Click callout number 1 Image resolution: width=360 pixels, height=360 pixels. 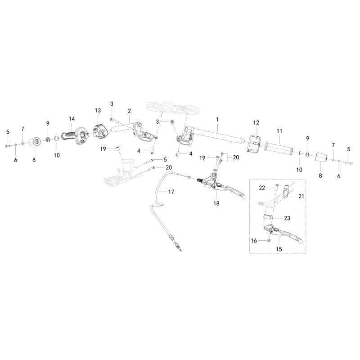click(x=217, y=119)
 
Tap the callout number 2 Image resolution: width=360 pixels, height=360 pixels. click(x=129, y=111)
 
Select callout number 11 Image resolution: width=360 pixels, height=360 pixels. click(x=279, y=131)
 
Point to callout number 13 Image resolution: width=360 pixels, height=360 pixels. click(x=98, y=110)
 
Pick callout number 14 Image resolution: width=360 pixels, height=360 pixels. click(x=72, y=119)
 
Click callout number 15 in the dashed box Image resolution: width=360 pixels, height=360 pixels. click(x=279, y=249)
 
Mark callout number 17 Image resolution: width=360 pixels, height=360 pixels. click(x=171, y=192)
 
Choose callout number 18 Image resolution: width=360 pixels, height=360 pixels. click(x=216, y=203)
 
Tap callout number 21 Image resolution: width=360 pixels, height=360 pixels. click(x=301, y=196)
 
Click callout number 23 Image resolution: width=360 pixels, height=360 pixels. click(x=287, y=218)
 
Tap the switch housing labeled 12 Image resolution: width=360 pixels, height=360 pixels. click(x=255, y=144)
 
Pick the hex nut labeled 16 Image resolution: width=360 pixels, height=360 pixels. click(x=270, y=240)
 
